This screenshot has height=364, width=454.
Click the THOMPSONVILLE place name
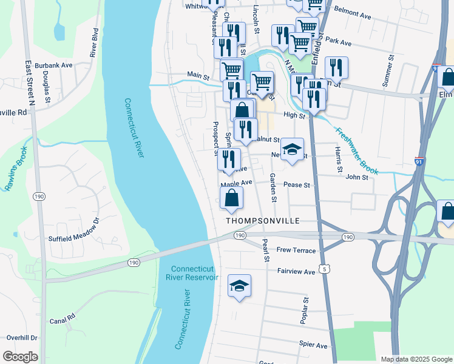tap(262, 221)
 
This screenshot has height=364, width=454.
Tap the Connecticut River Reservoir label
tap(194, 273)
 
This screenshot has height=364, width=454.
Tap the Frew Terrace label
tap(296, 250)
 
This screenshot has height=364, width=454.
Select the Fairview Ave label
tap(296, 272)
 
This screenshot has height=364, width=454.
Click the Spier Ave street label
tap(313, 345)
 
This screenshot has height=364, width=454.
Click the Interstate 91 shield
tap(419, 161)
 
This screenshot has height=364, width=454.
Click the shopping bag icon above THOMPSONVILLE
tap(231, 198)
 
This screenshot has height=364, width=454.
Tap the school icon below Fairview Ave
tap(240, 286)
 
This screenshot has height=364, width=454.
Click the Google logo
tap(21, 357)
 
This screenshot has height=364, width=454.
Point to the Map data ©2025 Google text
tap(416, 359)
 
